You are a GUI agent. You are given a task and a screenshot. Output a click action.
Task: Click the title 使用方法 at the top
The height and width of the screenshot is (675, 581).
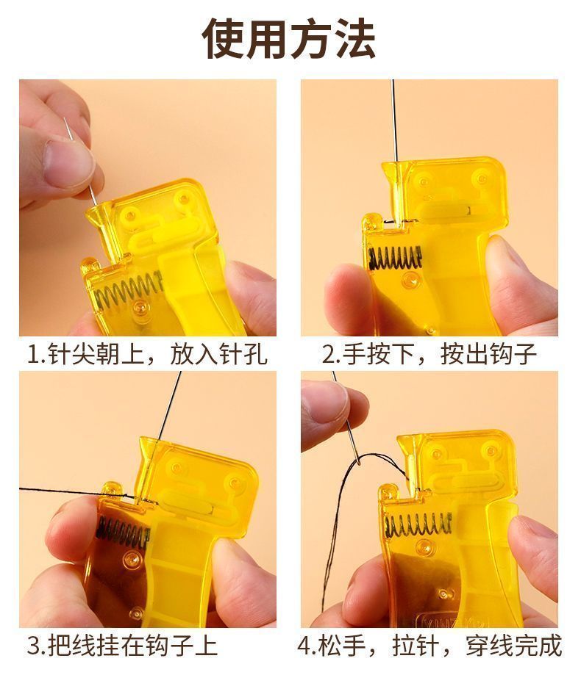tap(289, 39)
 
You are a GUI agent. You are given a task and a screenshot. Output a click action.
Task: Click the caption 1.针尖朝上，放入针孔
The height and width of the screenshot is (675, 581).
tap(146, 354)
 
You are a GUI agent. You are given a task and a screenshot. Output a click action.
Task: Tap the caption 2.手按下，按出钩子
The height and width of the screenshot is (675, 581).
tap(429, 354)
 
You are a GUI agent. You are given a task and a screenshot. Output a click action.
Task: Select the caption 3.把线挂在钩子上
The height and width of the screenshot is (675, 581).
tap(122, 646)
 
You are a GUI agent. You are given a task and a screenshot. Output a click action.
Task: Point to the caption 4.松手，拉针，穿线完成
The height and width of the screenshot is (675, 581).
tap(429, 646)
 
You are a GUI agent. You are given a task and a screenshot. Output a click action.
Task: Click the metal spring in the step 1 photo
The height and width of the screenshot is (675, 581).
tap(129, 290)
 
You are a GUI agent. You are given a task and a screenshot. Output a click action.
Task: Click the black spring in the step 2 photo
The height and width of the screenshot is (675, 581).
tap(394, 257)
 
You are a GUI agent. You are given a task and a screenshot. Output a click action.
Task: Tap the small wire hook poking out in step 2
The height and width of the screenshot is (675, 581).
tap(391, 222)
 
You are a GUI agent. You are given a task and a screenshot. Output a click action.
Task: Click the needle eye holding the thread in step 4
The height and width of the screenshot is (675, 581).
tap(357, 462)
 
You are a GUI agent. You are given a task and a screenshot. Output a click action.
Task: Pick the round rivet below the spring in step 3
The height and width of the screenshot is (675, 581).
tap(132, 560)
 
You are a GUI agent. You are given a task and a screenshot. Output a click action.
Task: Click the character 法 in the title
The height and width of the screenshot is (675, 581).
tap(355, 39)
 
